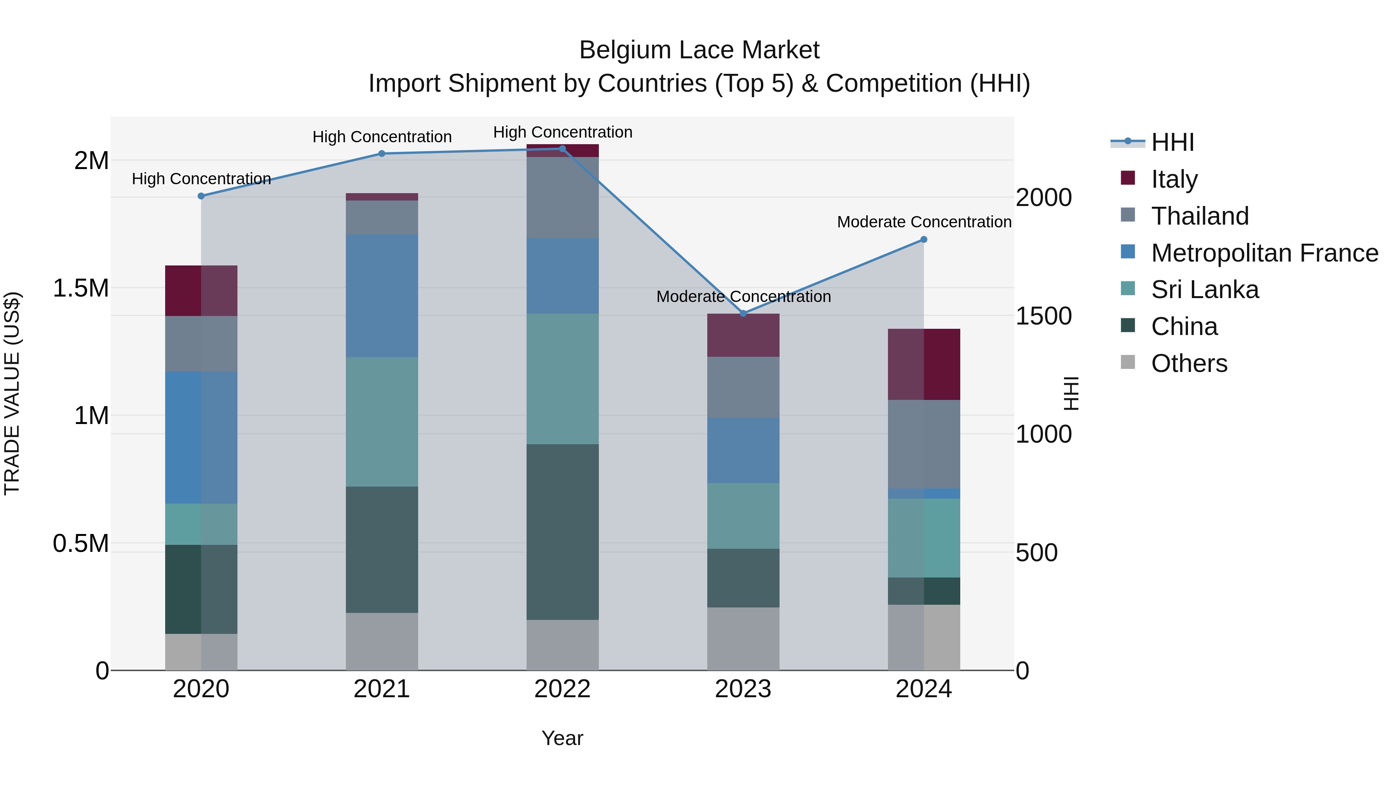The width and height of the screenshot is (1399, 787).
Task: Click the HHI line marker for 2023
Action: click(x=743, y=313)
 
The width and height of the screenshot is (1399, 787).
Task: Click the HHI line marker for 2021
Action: click(x=382, y=154)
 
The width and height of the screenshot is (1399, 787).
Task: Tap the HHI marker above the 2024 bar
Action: click(x=924, y=239)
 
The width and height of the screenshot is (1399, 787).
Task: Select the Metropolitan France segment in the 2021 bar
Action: click(x=382, y=296)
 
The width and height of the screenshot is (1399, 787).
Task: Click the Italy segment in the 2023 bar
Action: click(x=743, y=335)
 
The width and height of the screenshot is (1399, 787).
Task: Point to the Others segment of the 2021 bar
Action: click(x=382, y=641)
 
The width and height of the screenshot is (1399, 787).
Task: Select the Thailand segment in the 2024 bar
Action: click(x=924, y=444)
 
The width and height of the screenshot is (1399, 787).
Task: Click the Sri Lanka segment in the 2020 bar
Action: click(x=201, y=524)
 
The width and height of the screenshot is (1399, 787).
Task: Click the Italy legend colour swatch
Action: click(x=1127, y=178)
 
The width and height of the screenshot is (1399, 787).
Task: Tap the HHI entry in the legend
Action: click(x=1172, y=142)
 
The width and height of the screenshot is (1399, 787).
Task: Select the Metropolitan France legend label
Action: click(x=1264, y=253)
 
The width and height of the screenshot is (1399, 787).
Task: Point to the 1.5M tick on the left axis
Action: click(x=80, y=288)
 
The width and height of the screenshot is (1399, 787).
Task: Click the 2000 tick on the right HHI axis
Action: click(x=1043, y=198)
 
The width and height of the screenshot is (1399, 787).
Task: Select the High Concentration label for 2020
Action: click(x=201, y=179)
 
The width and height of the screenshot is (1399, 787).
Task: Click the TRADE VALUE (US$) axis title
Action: click(x=12, y=393)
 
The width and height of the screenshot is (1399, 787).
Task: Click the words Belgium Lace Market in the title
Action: click(x=699, y=50)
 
